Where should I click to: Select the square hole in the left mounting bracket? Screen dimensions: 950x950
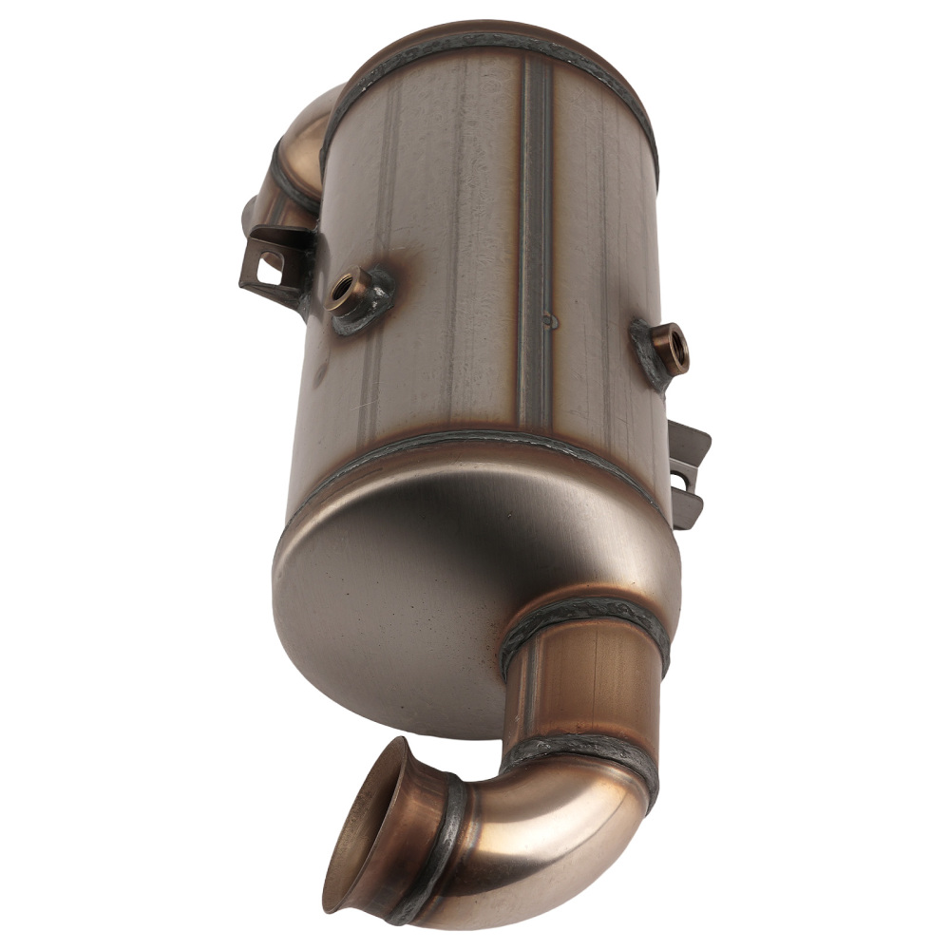pyautogui.click(x=268, y=270)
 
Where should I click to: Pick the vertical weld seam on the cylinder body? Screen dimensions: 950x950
pyautogui.click(x=536, y=237)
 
